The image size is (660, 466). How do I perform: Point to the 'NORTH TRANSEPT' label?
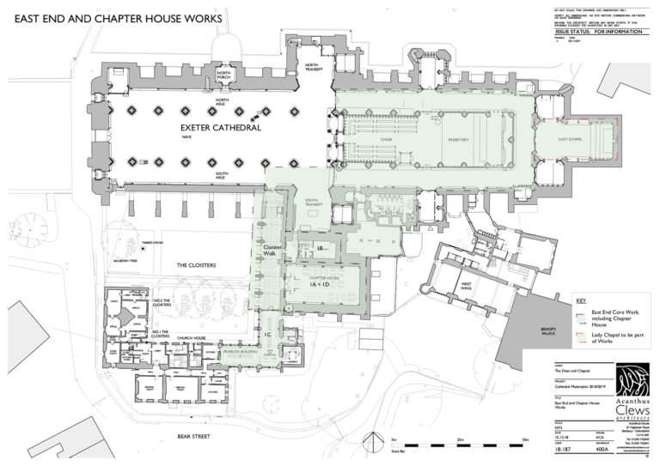point(312,69)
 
